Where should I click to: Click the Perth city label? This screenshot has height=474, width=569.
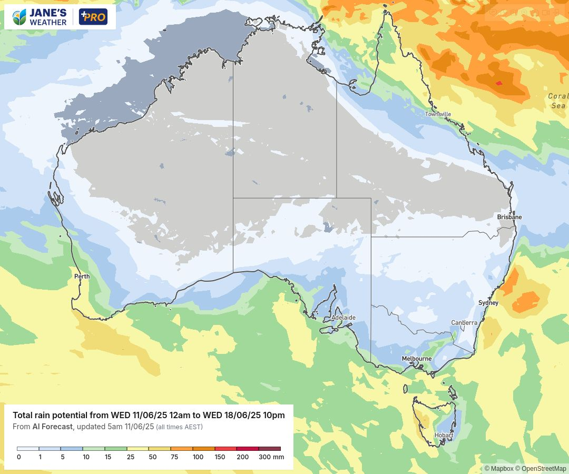[x=82, y=276]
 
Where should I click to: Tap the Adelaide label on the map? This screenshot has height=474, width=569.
[x=344, y=318]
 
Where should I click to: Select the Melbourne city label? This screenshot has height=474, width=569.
[x=417, y=359]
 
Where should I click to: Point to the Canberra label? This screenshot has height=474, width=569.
[x=464, y=323]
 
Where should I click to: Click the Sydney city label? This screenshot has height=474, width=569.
[x=488, y=303]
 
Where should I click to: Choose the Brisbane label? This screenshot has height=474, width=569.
[x=509, y=217]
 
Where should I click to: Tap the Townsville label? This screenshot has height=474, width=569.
[x=438, y=114]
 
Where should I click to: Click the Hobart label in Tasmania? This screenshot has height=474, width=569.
[x=443, y=435]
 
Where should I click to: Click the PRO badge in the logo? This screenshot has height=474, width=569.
[x=93, y=17]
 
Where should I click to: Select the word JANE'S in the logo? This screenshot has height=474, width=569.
[x=48, y=13]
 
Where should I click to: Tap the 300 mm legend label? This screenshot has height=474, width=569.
[x=271, y=457]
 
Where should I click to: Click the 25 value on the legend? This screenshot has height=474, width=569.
[x=130, y=457]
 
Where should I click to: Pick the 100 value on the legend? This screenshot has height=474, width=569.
[x=198, y=457]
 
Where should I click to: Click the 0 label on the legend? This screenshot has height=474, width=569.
[x=19, y=457]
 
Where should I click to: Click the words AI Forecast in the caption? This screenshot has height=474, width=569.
[x=52, y=427]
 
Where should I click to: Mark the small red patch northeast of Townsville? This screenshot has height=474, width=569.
[x=499, y=83]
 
